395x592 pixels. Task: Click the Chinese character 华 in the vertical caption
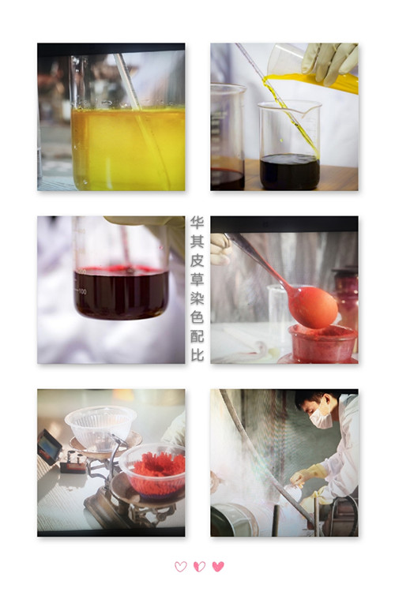click(x=197, y=222)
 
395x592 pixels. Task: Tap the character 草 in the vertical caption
click(x=197, y=279)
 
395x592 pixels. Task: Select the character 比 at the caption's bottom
click(x=197, y=355)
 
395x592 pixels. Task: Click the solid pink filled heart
click(x=218, y=566)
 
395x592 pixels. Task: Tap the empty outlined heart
click(x=181, y=567)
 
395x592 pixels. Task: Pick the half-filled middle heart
click(x=199, y=566)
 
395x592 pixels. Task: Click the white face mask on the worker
click(x=321, y=418)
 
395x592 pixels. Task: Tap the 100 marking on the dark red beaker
click(x=82, y=291)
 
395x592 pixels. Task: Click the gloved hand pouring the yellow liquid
click(x=329, y=62)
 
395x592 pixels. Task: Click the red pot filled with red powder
click(x=322, y=343)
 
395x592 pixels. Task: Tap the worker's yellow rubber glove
click(x=309, y=474)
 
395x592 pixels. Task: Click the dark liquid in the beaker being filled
click(x=290, y=171)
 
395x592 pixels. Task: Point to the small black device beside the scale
click(x=49, y=447)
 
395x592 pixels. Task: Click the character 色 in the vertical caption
click(x=197, y=317)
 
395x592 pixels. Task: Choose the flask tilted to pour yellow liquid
click(x=310, y=72)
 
